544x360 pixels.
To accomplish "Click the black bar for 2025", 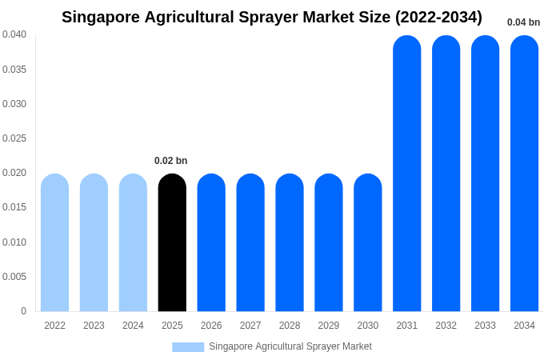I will click(x=172, y=242).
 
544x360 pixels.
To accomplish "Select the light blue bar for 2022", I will click(x=54, y=242).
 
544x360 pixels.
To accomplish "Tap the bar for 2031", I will click(x=406, y=173).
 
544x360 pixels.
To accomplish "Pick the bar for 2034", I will click(x=524, y=173).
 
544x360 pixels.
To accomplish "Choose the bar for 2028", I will click(x=290, y=242).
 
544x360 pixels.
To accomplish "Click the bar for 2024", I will click(x=133, y=242).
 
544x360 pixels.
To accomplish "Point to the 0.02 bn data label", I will click(x=170, y=161).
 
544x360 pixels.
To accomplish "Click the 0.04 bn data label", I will click(x=523, y=22).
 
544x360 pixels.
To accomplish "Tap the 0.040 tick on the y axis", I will click(x=14, y=34).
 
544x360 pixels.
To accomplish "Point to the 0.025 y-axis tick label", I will click(x=14, y=138).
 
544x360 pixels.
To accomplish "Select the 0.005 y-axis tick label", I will click(x=14, y=277).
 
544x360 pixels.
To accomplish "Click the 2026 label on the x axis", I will click(x=211, y=326).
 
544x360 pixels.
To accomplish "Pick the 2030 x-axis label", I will click(x=368, y=326).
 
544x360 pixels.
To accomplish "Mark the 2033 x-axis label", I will click(x=485, y=326).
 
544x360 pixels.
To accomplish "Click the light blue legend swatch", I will click(x=188, y=347).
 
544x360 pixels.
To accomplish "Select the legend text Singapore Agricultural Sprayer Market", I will click(x=290, y=346).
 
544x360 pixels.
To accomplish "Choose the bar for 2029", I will click(x=329, y=242).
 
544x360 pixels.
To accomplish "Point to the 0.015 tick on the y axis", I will click(x=14, y=207).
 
